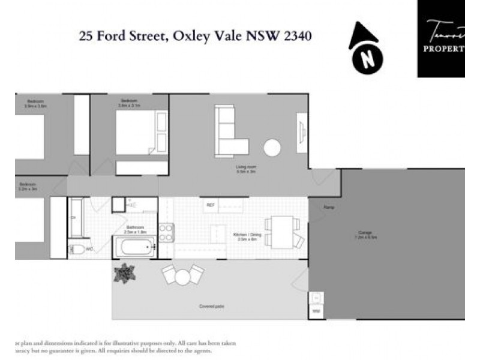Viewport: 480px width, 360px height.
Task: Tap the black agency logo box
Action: pyautogui.click(x=443, y=38)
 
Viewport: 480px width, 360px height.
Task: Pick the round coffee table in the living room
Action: pyautogui.click(x=272, y=148)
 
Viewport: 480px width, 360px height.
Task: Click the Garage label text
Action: pyautogui.click(x=366, y=233)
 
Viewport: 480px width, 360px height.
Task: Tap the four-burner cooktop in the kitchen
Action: pyautogui.click(x=166, y=232)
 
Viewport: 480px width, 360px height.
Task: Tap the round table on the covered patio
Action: pyautogui.click(x=182, y=276)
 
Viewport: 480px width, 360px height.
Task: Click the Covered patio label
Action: pyautogui.click(x=211, y=307)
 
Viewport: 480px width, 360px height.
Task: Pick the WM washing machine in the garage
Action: pyautogui.click(x=316, y=311)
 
